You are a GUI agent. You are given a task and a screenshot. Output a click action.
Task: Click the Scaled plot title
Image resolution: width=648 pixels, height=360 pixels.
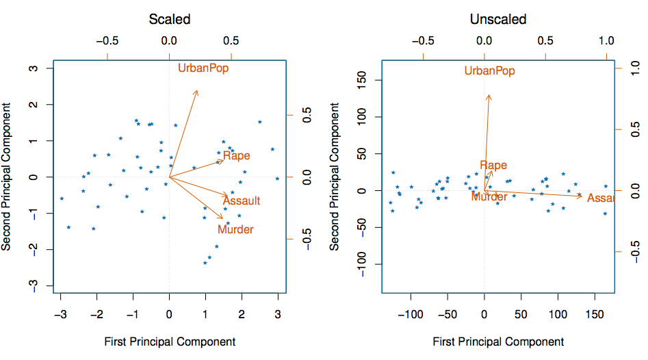pos(169,19)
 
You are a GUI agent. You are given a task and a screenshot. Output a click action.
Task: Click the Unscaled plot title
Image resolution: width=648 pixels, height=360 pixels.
pos(498,19)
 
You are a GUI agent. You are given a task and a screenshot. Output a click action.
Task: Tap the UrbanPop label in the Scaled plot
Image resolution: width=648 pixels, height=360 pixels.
pos(203,68)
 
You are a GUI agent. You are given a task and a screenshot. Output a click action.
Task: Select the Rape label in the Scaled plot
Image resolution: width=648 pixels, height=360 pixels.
pos(237,156)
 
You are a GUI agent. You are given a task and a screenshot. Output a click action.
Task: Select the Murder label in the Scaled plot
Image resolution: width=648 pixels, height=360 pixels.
pos(235,229)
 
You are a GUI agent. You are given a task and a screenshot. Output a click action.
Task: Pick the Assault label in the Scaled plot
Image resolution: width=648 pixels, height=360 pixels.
pos(242,201)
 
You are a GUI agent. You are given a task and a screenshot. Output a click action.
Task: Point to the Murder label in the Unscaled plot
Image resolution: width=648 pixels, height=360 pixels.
pos(489,196)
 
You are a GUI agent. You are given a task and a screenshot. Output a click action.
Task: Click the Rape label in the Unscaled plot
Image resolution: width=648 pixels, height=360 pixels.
pos(493,165)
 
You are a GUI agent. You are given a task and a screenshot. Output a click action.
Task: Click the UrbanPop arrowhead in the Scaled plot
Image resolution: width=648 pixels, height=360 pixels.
pos(197,90)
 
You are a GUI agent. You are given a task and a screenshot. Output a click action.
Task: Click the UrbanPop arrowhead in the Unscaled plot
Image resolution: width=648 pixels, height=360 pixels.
pos(489,95)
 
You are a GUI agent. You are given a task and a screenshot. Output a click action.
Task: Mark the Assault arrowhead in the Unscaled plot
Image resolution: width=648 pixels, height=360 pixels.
pos(582,196)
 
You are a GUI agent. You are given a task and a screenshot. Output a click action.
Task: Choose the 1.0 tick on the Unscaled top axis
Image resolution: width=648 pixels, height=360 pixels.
pos(607,40)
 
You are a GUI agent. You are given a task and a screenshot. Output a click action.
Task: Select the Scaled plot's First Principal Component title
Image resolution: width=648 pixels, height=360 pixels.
pos(170,342)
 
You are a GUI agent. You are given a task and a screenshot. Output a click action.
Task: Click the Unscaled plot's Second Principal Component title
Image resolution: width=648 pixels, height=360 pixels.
pos(335,177)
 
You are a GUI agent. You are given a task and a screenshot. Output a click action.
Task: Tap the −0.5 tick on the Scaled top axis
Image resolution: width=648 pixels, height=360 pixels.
pos(107,40)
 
